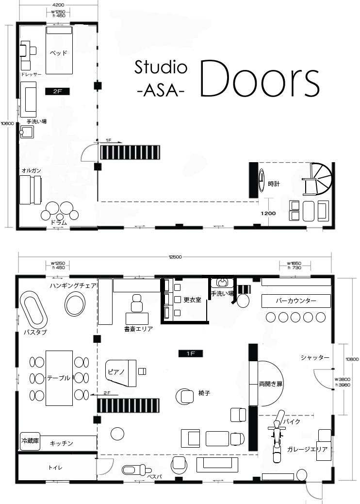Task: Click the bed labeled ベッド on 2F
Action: pos(59,50)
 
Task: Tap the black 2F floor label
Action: pos(57,91)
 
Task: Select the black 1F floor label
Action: pos(191,353)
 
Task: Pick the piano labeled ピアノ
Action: pos(121,373)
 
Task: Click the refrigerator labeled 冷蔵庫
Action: pos(30,441)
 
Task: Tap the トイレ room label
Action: pos(55,468)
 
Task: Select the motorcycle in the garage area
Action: pos(277,436)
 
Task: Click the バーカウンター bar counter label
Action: pos(296,301)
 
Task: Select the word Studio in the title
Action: pos(161,67)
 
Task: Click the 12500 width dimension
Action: pos(175,257)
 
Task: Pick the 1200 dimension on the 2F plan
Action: pos(268,213)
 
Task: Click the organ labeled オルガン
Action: pos(31,190)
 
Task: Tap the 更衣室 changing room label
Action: pos(192,300)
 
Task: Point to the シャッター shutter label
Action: pos(315,357)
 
